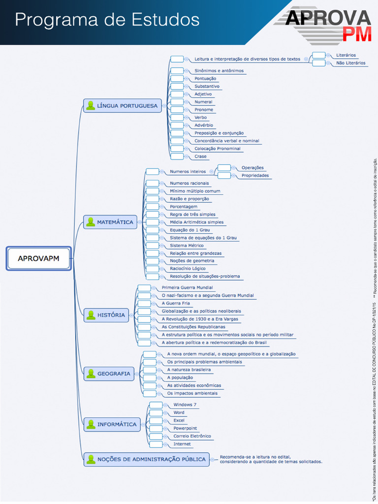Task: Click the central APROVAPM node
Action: point(39,258)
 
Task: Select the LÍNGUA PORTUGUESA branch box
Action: point(123,105)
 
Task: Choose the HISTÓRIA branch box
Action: point(106,315)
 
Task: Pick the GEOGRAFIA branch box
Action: point(109,374)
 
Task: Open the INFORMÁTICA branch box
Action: point(112,424)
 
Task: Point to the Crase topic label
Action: point(200,157)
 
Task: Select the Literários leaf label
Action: point(346,55)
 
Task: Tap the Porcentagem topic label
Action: point(184,207)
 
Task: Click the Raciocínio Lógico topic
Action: point(188,269)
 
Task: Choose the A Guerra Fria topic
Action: point(175,303)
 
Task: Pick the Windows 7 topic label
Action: point(185,405)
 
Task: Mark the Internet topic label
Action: point(182,444)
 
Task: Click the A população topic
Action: point(180,378)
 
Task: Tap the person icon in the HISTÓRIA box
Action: point(91,315)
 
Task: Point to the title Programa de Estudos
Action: point(107,20)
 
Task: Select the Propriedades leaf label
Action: point(255,175)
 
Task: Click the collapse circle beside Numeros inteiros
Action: point(212,172)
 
